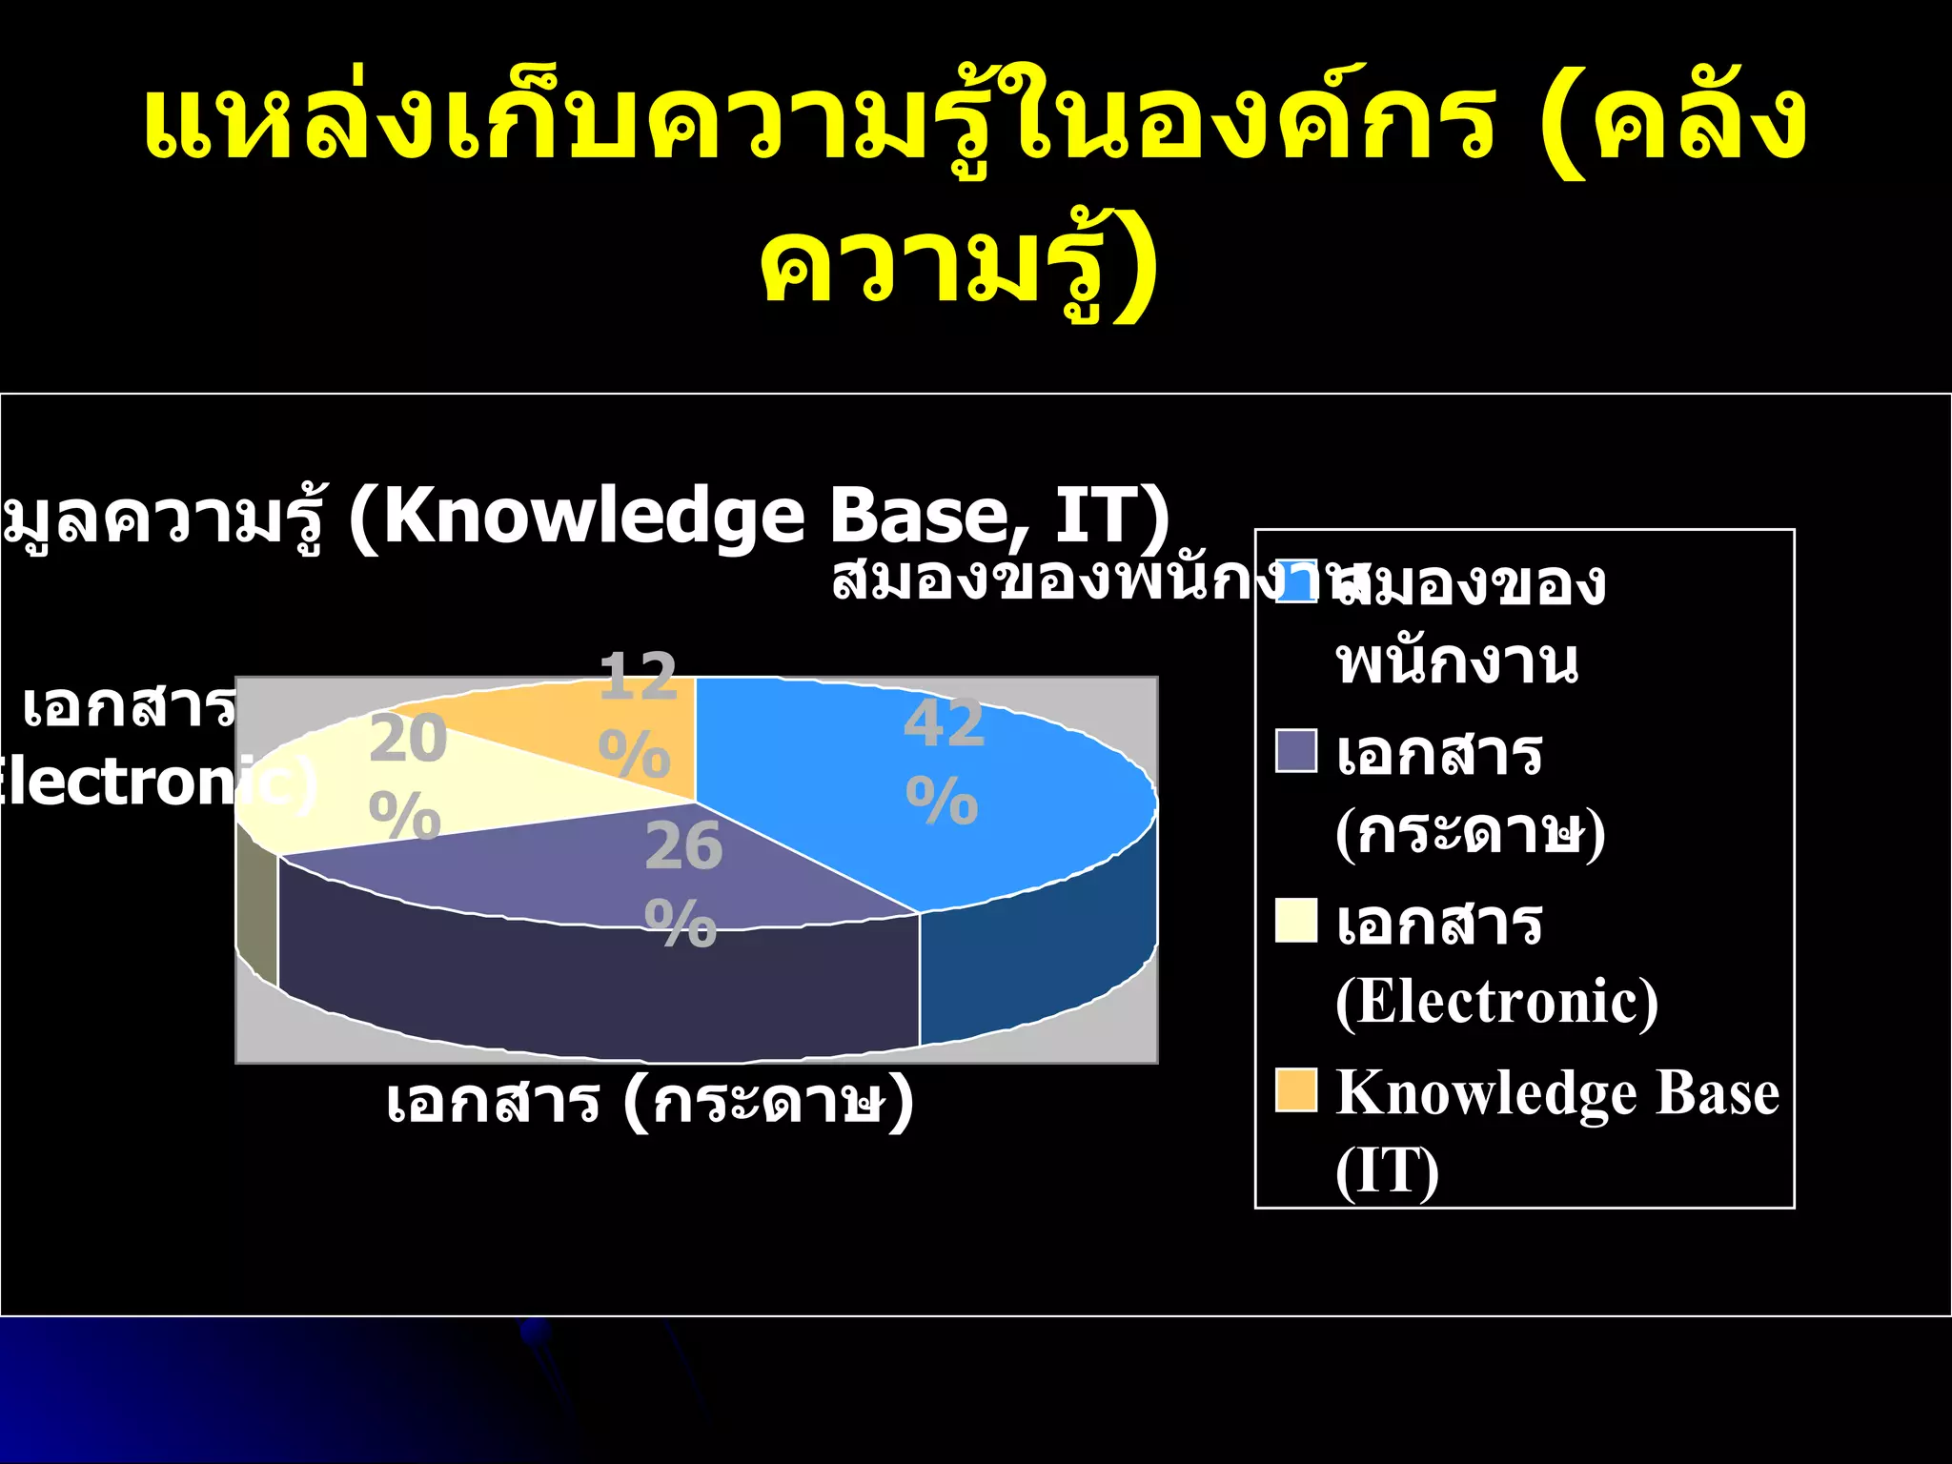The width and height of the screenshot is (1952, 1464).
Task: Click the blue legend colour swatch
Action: click(1295, 581)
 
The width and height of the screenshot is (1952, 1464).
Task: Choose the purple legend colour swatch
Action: click(1295, 751)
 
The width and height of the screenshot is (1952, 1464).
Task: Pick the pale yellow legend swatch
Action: click(1295, 921)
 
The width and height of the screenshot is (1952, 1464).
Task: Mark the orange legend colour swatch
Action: click(1295, 1090)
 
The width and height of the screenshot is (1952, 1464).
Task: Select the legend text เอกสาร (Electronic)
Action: click(1496, 963)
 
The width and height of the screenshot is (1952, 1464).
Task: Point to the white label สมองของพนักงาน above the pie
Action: click(1077, 579)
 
